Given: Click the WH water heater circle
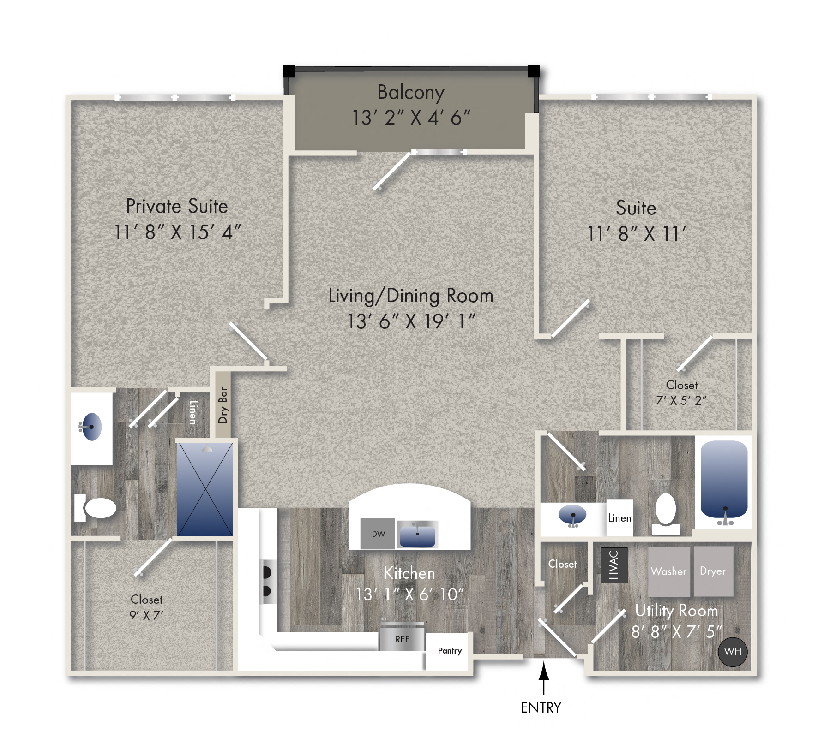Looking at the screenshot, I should tap(733, 652).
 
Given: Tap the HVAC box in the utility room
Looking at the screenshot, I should tap(613, 565).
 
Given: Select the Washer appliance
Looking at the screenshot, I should tap(668, 571).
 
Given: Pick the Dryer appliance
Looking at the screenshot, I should tap(713, 571).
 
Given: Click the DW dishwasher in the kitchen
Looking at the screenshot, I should tap(378, 534).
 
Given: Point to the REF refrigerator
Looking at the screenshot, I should tap(402, 639).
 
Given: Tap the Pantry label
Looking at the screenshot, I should tap(449, 651).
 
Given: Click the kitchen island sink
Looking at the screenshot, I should tap(417, 535).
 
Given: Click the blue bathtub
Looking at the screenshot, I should tap(723, 480).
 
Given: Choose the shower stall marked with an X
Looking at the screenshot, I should tap(204, 489).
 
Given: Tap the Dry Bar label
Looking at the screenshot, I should tap(223, 405).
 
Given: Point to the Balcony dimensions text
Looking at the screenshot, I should tap(411, 118).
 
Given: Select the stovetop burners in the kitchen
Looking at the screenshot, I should tap(267, 581).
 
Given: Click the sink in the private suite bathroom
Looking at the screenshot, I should tap(91, 427).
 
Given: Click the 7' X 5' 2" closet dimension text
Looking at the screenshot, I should tap(681, 400).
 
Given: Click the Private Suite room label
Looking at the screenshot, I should tap(177, 206).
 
